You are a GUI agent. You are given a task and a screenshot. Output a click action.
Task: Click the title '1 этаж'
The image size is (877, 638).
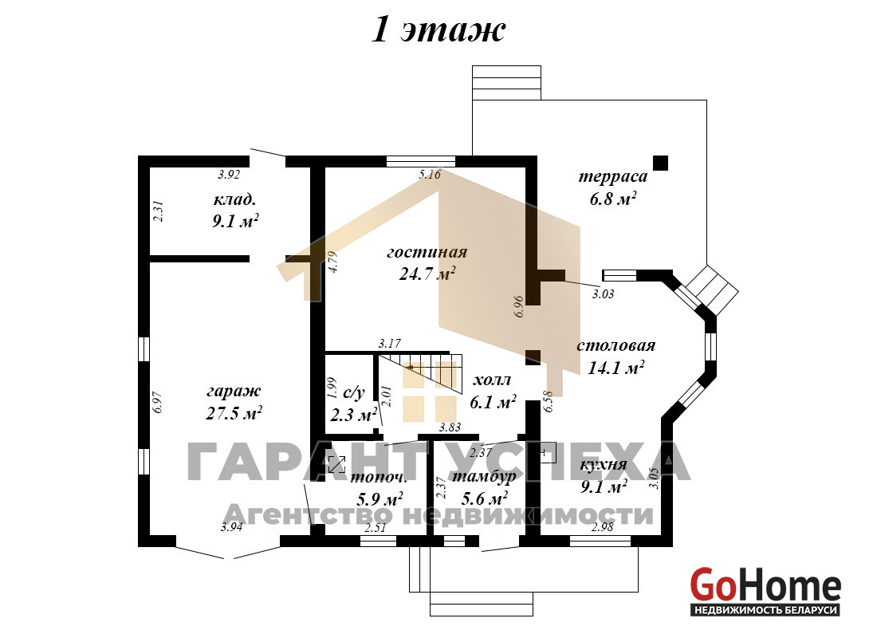click(438, 31)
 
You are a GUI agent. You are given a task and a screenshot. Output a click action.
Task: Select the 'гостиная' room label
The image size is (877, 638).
click(427, 252)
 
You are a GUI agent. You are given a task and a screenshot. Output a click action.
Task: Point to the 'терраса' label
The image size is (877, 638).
click(612, 177)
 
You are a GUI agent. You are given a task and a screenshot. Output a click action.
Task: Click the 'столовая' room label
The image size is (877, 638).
click(615, 345)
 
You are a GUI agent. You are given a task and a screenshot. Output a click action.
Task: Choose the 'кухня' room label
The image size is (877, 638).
click(603, 465)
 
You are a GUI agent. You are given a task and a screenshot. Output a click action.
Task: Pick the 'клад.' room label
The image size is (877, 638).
click(235, 199)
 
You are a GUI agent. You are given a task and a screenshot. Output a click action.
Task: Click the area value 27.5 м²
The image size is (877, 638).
click(234, 413)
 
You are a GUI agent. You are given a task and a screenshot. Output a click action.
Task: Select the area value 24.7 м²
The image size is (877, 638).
click(427, 274)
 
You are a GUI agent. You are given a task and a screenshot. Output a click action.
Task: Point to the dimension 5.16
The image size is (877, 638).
click(430, 175)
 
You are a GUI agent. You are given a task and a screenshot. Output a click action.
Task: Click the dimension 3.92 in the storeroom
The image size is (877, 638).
click(229, 175)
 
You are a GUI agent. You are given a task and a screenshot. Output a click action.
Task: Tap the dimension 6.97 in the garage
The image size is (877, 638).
click(158, 402)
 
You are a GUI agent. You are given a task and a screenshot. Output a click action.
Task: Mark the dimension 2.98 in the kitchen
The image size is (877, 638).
click(603, 526)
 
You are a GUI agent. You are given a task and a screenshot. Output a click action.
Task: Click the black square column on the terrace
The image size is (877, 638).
click(661, 163)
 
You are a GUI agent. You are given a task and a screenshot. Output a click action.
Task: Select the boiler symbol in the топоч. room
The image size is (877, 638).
click(337, 464)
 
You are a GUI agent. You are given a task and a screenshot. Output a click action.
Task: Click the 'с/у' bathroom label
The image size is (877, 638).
click(353, 393)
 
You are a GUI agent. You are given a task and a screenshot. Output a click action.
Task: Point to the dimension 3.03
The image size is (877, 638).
click(603, 294)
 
